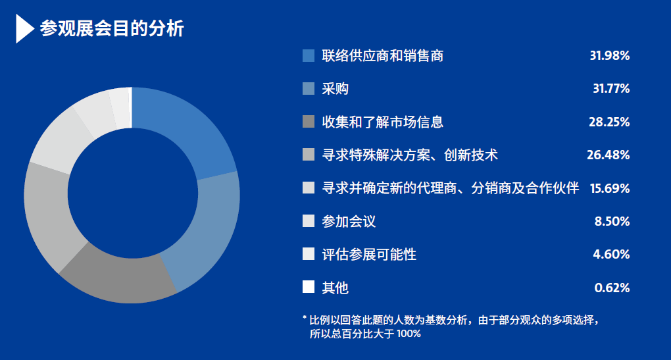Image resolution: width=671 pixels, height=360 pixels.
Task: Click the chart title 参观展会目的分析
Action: [112, 29]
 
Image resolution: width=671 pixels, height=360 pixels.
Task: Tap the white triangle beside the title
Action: [24, 29]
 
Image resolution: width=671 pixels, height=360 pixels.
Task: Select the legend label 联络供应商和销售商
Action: [383, 56]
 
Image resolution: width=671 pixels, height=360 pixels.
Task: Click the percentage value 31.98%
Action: [609, 56]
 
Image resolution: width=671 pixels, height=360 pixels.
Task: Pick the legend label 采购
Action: [335, 89]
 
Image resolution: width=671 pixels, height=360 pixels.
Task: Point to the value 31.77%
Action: [611, 89]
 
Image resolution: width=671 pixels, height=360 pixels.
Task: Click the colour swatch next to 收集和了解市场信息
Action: [309, 122]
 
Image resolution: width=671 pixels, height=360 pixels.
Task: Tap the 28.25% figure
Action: [609, 122]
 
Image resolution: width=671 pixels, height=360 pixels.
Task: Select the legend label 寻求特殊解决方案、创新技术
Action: [410, 155]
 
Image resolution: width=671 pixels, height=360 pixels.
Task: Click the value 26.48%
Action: [608, 155]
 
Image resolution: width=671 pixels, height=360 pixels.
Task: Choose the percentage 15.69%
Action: [609, 188]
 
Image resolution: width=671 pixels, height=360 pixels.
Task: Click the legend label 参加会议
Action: [349, 221]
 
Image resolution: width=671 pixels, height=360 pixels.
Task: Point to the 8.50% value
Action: [612, 221]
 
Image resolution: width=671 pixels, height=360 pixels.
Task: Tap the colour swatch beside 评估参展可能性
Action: [309, 254]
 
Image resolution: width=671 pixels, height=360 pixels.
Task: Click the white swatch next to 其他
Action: [309, 287]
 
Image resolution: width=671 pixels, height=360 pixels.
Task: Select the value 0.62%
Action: [612, 288]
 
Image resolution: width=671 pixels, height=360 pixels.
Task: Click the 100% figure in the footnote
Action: [409, 334]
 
